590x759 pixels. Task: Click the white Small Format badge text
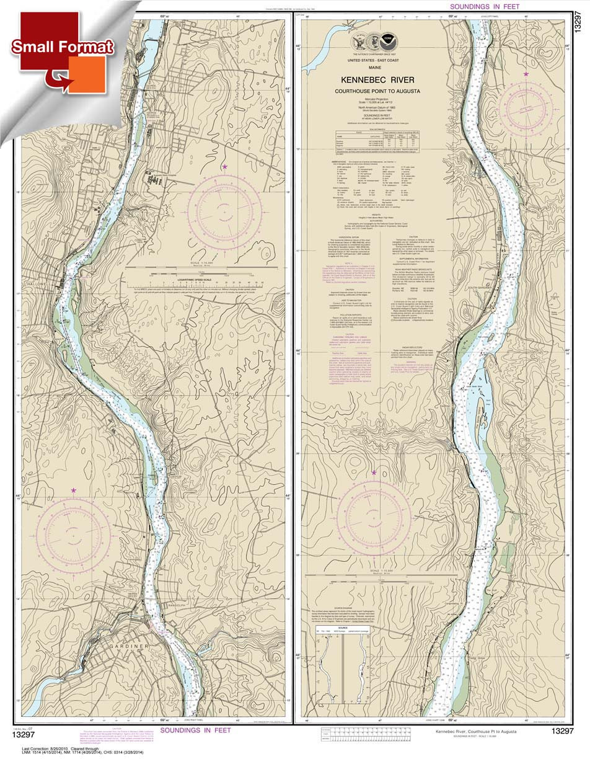[x=62, y=47]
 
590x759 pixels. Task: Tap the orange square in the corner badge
[x=86, y=74]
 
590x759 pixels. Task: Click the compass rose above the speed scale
[x=224, y=212]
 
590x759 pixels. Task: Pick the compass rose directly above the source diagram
[x=374, y=518]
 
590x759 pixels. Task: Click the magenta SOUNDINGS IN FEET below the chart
[x=195, y=730]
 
